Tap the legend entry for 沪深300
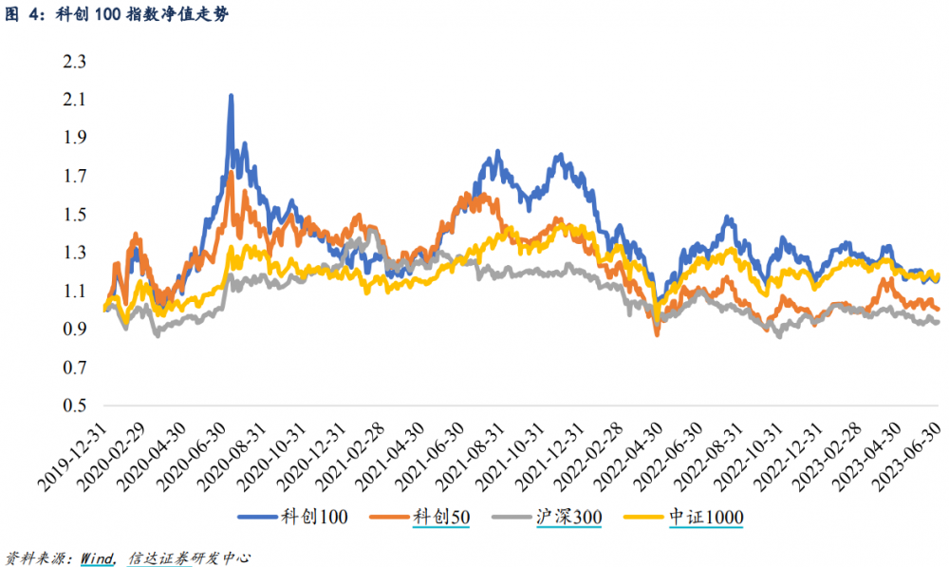pyautogui.click(x=565, y=517)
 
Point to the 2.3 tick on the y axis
pyautogui.click(x=74, y=62)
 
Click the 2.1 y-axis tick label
pyautogui.click(x=74, y=100)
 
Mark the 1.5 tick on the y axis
pyautogui.click(x=74, y=215)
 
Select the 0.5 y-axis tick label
pyautogui.click(x=74, y=406)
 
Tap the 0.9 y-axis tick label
pyautogui.click(x=74, y=330)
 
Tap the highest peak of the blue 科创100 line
pyautogui.click(x=231, y=95)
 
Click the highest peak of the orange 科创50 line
pyautogui.click(x=231, y=172)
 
